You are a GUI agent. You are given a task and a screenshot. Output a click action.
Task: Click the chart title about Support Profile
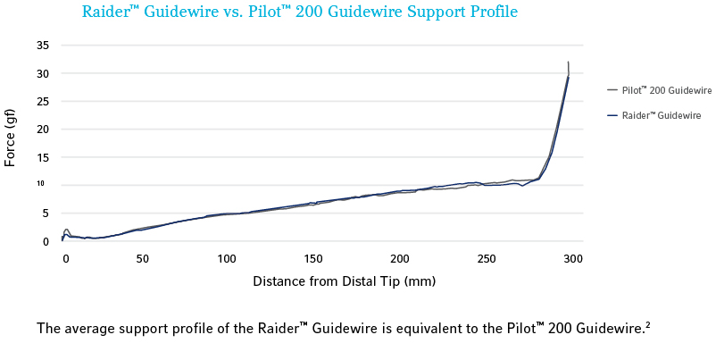299,13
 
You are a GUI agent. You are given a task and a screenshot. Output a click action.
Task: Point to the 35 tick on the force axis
42,45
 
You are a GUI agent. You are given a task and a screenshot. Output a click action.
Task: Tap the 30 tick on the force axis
42,73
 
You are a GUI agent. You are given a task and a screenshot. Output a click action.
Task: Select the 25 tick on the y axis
42,101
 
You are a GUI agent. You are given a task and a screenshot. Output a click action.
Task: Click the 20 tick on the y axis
42,129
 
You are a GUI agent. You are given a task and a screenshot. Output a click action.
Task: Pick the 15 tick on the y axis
42,157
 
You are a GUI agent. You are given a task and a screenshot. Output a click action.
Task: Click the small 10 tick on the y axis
40,184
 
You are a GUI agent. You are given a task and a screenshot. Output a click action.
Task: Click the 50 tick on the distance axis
142,258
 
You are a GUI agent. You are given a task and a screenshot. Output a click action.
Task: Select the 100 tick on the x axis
227,258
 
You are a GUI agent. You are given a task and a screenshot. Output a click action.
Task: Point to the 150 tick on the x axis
312,258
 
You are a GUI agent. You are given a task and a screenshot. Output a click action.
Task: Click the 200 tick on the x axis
399,258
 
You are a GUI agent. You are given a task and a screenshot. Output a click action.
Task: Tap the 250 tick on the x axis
487,258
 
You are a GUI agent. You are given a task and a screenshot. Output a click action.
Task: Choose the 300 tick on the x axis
573,258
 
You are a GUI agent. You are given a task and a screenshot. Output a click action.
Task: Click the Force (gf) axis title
11,137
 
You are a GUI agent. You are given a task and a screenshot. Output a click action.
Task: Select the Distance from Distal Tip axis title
345,281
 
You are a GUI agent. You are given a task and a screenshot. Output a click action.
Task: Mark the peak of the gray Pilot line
568,63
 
